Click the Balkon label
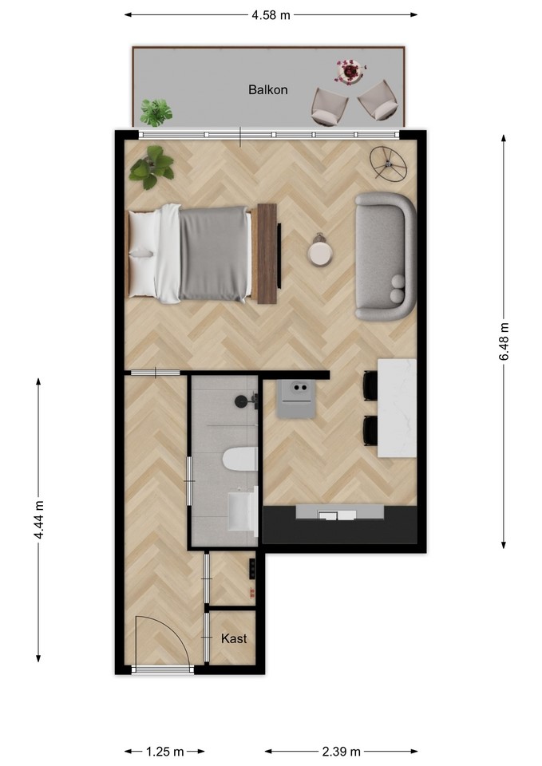point(268,90)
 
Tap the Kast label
point(234,638)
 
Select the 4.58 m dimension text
point(271,15)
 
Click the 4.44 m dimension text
point(39,519)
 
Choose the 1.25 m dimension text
point(164,751)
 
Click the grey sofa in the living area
point(385,256)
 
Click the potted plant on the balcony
point(156,113)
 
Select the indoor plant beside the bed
point(152,167)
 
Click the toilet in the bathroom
point(240,459)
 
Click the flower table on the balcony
point(350,72)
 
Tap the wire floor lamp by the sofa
point(388,164)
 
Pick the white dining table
point(397,408)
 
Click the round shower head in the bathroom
point(241,401)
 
